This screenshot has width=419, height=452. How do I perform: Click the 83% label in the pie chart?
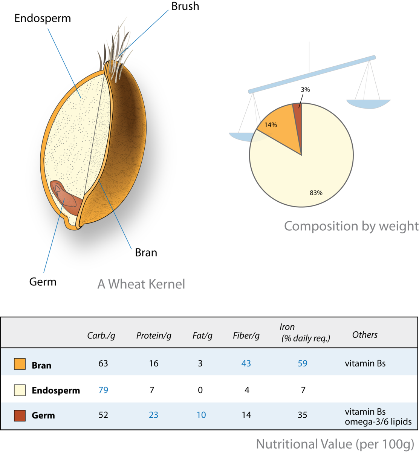[x=316, y=193]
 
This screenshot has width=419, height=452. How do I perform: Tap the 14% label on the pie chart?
[x=270, y=124]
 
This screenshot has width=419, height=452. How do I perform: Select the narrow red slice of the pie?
[x=298, y=111]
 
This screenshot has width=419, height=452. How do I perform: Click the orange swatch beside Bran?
[x=20, y=364]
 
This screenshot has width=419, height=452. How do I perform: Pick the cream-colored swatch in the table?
[x=20, y=390]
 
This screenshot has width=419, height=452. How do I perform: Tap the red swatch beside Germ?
[x=20, y=415]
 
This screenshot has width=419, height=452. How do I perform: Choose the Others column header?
[x=365, y=335]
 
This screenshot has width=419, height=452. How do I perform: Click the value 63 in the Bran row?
[x=103, y=364]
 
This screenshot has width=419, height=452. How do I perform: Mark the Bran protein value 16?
[x=154, y=364]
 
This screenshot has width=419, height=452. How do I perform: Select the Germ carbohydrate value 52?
[x=103, y=415]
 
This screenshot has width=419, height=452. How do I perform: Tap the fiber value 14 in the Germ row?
[x=246, y=415]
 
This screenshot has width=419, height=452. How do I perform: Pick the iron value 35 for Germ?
[x=302, y=415]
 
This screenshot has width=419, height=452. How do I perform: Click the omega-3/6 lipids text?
[x=377, y=422]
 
